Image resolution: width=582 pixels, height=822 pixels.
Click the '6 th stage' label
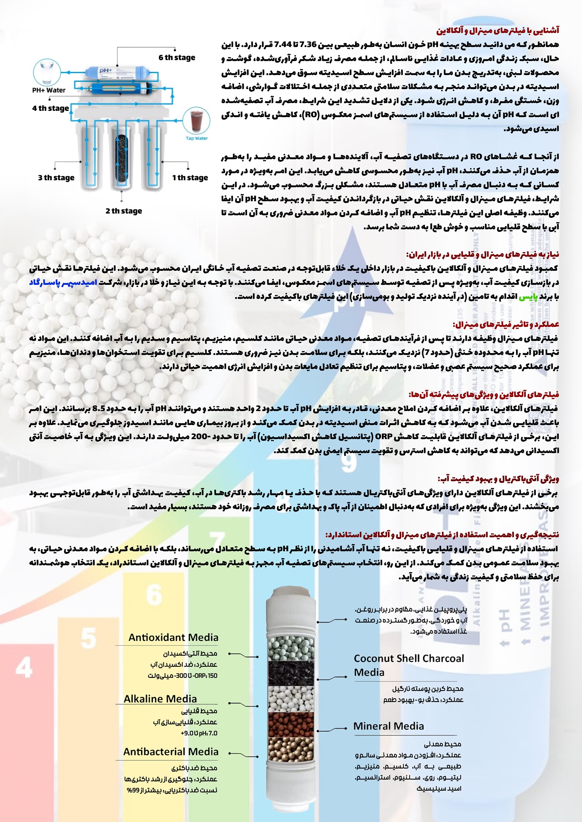pyautogui.click(x=177, y=58)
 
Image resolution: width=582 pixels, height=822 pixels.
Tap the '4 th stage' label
pyautogui.click(x=50, y=108)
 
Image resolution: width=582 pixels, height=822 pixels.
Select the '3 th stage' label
pyautogui.click(x=56, y=178)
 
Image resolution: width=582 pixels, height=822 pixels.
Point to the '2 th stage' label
pyautogui.click(x=123, y=211)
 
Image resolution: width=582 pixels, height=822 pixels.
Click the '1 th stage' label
pyautogui.click(x=190, y=178)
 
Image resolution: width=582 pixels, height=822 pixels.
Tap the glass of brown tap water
pyautogui.click(x=196, y=121)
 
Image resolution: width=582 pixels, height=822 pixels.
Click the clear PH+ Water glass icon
pyautogui.click(x=47, y=72)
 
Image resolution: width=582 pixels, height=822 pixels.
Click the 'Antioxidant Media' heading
pyautogui.click(x=173, y=638)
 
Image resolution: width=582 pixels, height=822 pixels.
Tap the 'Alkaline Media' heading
pyautogui.click(x=160, y=699)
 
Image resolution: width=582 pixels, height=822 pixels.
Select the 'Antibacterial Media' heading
pyautogui.click(x=171, y=752)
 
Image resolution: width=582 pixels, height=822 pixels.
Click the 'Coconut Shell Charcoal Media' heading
pyautogui.click(x=408, y=665)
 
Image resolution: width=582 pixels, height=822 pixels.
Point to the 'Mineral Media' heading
pyautogui.click(x=388, y=726)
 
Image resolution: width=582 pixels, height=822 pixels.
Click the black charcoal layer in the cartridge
pyautogui.click(x=291, y=674)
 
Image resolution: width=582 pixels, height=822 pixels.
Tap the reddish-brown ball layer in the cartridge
pyautogui.click(x=291, y=724)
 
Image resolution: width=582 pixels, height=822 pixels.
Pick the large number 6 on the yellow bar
pyautogui.click(x=154, y=595)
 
